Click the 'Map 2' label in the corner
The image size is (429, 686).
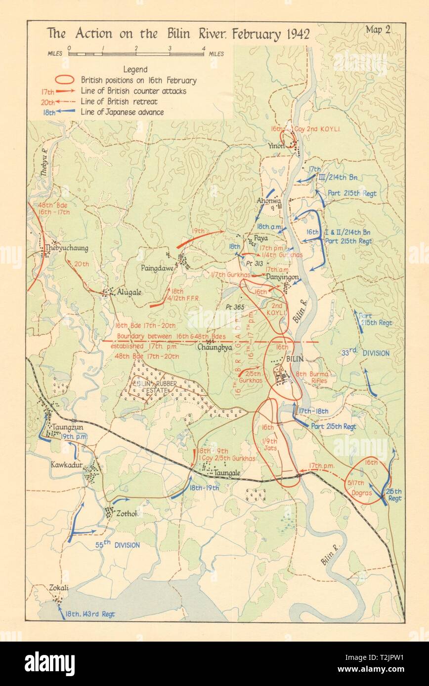pos(378,29)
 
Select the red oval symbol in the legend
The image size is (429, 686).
pos(64,80)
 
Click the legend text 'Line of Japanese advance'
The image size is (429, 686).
pos(122,112)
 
